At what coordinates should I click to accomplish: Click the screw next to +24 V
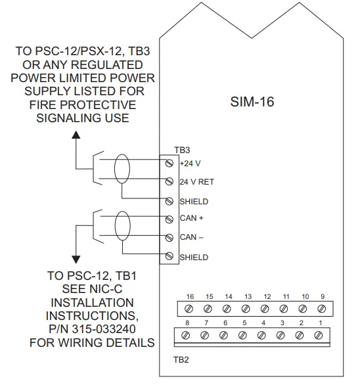(x=169, y=162)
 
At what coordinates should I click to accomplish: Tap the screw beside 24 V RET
(x=169, y=181)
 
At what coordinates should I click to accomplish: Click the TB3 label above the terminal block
(x=181, y=150)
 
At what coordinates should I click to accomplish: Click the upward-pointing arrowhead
(x=76, y=135)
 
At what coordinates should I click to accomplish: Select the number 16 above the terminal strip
(x=190, y=297)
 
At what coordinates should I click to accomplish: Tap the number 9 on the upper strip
(x=323, y=297)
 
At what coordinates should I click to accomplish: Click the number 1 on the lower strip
(x=319, y=323)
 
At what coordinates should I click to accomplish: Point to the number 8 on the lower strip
(x=187, y=323)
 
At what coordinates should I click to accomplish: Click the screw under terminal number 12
(x=266, y=307)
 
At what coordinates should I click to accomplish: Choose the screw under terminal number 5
(x=243, y=335)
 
